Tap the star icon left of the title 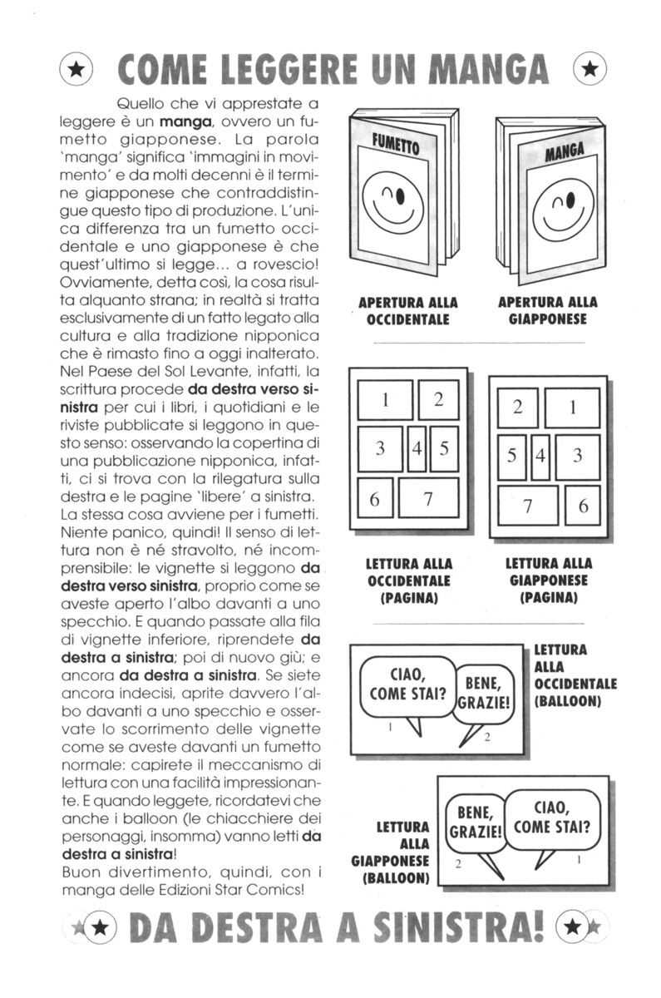coord(76,72)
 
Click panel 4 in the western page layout coord(417,448)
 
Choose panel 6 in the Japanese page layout coord(584,506)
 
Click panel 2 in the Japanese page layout coord(517,408)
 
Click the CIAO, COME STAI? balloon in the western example coord(407,684)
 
